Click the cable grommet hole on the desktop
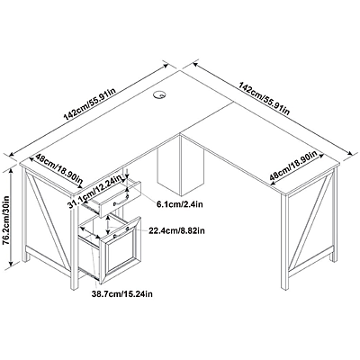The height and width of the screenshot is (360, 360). pos(159,94)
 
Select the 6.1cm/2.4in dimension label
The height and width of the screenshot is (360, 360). pos(179,204)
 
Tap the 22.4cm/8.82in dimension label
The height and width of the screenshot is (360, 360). pos(176,231)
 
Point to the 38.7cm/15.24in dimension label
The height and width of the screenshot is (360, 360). pos(122,294)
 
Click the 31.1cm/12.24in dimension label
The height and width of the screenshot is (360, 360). pos(96,191)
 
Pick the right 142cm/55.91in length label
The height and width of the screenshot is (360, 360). pos(264,98)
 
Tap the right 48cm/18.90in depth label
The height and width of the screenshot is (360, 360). pos(293,166)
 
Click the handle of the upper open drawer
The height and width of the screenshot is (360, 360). pos(121,201)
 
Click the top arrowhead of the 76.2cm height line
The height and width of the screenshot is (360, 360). pos(11,170)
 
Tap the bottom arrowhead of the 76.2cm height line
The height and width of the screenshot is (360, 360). pos(11,263)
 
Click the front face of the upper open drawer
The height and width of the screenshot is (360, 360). pos(120,199)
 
